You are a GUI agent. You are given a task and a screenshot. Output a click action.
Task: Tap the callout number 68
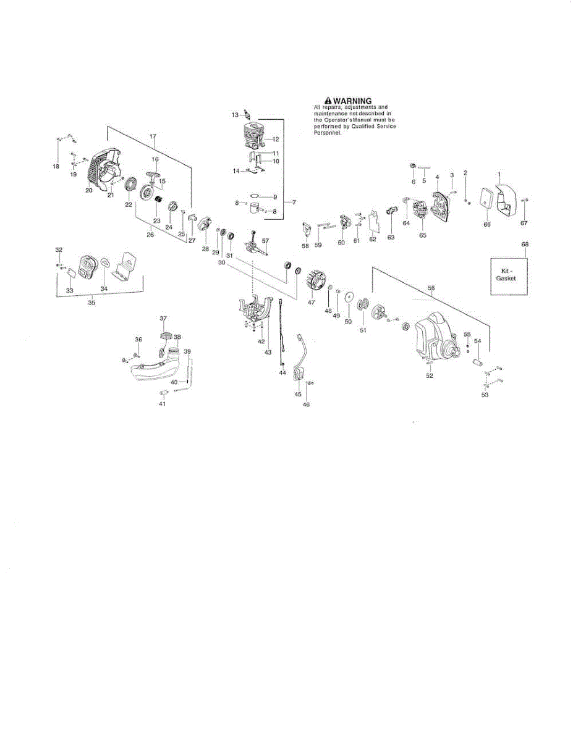click(x=525, y=245)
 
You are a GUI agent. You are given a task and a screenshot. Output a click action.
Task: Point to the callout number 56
click(x=431, y=288)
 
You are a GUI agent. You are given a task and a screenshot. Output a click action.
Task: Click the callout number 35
click(x=91, y=303)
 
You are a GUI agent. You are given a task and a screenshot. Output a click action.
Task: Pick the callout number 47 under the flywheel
click(x=311, y=302)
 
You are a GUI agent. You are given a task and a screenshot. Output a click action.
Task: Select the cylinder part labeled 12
click(x=255, y=135)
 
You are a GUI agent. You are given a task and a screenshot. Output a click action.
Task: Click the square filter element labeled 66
click(x=488, y=201)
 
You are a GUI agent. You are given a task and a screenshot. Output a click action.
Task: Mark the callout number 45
click(x=298, y=394)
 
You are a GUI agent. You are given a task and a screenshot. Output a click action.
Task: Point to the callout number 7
click(x=294, y=202)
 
